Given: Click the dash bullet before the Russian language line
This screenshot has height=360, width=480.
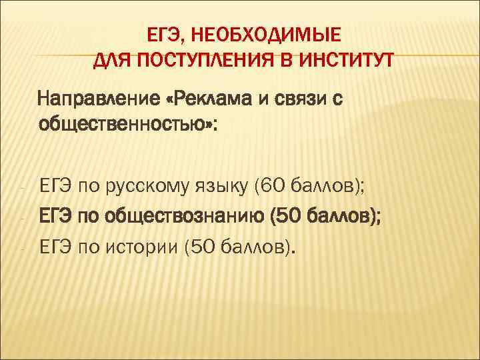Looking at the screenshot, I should (x=23, y=186).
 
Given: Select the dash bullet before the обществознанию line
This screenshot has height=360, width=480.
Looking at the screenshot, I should (x=23, y=218).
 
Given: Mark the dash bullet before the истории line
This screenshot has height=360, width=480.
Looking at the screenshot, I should (x=23, y=250).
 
